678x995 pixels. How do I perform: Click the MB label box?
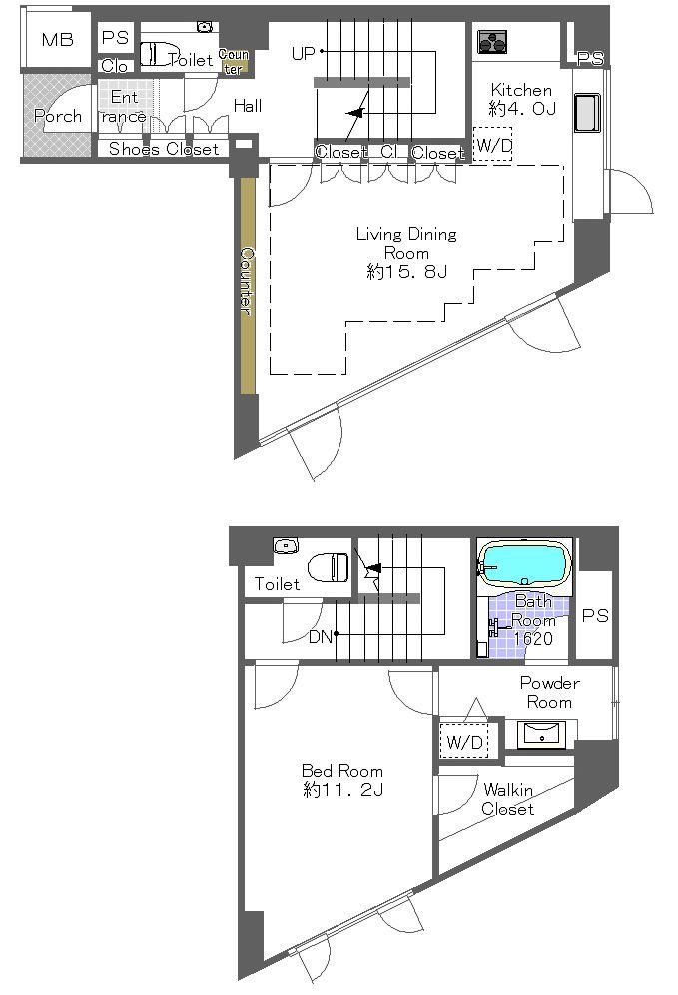click(x=57, y=40)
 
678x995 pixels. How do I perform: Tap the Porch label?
click(x=58, y=116)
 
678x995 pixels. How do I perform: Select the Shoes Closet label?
click(x=163, y=150)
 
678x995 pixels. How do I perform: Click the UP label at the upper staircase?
click(x=303, y=53)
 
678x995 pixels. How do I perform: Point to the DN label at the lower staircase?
click(x=320, y=636)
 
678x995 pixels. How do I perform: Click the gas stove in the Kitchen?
click(x=491, y=41)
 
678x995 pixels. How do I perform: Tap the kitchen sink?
click(x=585, y=115)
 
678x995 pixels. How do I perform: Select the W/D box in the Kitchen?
click(x=491, y=145)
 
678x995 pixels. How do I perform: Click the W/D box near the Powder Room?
click(x=464, y=742)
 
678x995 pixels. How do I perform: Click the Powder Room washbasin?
click(x=544, y=736)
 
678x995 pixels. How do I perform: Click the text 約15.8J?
click(x=406, y=272)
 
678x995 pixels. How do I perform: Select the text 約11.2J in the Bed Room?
click(x=342, y=790)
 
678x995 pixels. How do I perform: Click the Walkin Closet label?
click(x=508, y=800)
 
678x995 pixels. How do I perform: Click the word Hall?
click(x=248, y=105)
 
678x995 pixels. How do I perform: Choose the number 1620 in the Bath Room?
click(x=533, y=639)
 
